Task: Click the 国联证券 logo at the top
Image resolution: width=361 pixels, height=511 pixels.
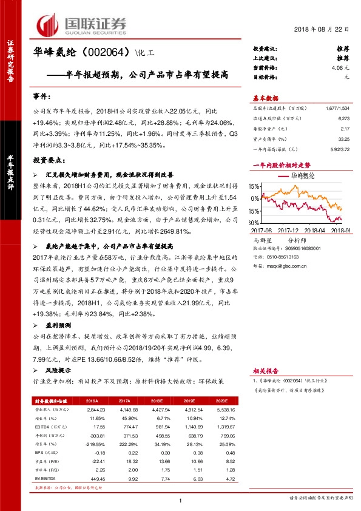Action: tap(82, 24)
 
